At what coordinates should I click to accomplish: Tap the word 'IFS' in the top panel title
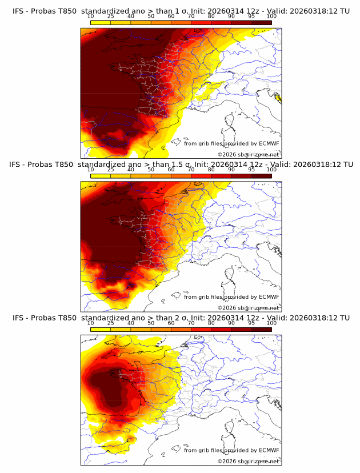19,11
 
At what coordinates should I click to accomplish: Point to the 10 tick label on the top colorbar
91,16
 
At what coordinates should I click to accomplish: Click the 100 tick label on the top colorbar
271,16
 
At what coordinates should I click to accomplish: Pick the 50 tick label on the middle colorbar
151,170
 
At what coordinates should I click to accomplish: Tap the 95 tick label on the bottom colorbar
251,323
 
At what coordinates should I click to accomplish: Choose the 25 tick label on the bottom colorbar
111,323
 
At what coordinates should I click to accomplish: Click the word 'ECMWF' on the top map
269,143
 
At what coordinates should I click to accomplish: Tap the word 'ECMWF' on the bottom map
269,450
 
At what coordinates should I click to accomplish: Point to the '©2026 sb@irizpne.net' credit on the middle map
248,307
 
